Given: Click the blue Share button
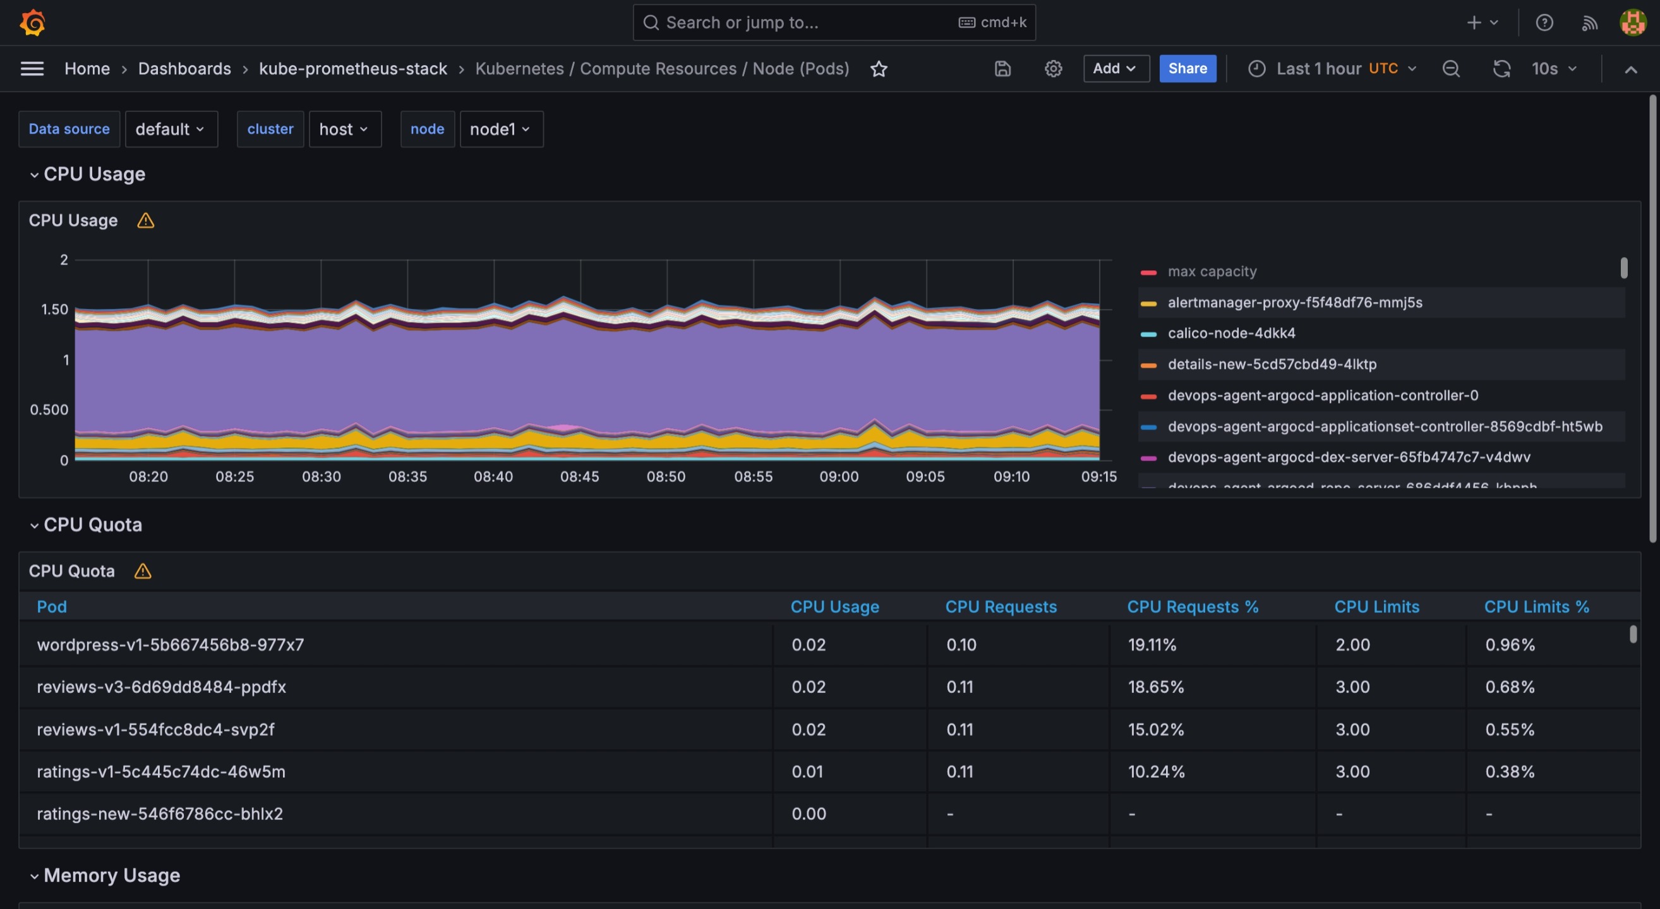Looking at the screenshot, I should (x=1187, y=68).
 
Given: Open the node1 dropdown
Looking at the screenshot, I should (x=501, y=129).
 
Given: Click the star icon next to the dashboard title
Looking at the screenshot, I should (x=879, y=69).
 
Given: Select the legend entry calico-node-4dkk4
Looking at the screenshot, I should (x=1231, y=333).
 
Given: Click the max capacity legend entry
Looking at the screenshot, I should (x=1212, y=271).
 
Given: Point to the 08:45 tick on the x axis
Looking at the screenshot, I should (x=579, y=477).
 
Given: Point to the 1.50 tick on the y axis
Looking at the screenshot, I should (x=55, y=310).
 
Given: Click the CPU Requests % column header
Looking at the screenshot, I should (x=1192, y=607).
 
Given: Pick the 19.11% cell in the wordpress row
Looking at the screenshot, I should (x=1152, y=645).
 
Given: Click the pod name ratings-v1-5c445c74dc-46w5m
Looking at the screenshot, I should (x=161, y=772).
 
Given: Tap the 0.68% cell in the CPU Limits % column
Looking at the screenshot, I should (x=1510, y=687).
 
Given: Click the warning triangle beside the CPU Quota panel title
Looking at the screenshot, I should (x=142, y=572).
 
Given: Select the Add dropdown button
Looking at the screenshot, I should (x=1116, y=68).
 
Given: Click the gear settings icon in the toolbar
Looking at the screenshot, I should (x=1053, y=68).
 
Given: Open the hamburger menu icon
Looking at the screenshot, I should (x=32, y=68).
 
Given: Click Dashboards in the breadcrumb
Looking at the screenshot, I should (x=184, y=68).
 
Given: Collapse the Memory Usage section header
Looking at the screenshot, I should (x=111, y=876).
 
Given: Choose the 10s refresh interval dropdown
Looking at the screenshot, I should (x=1554, y=68).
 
